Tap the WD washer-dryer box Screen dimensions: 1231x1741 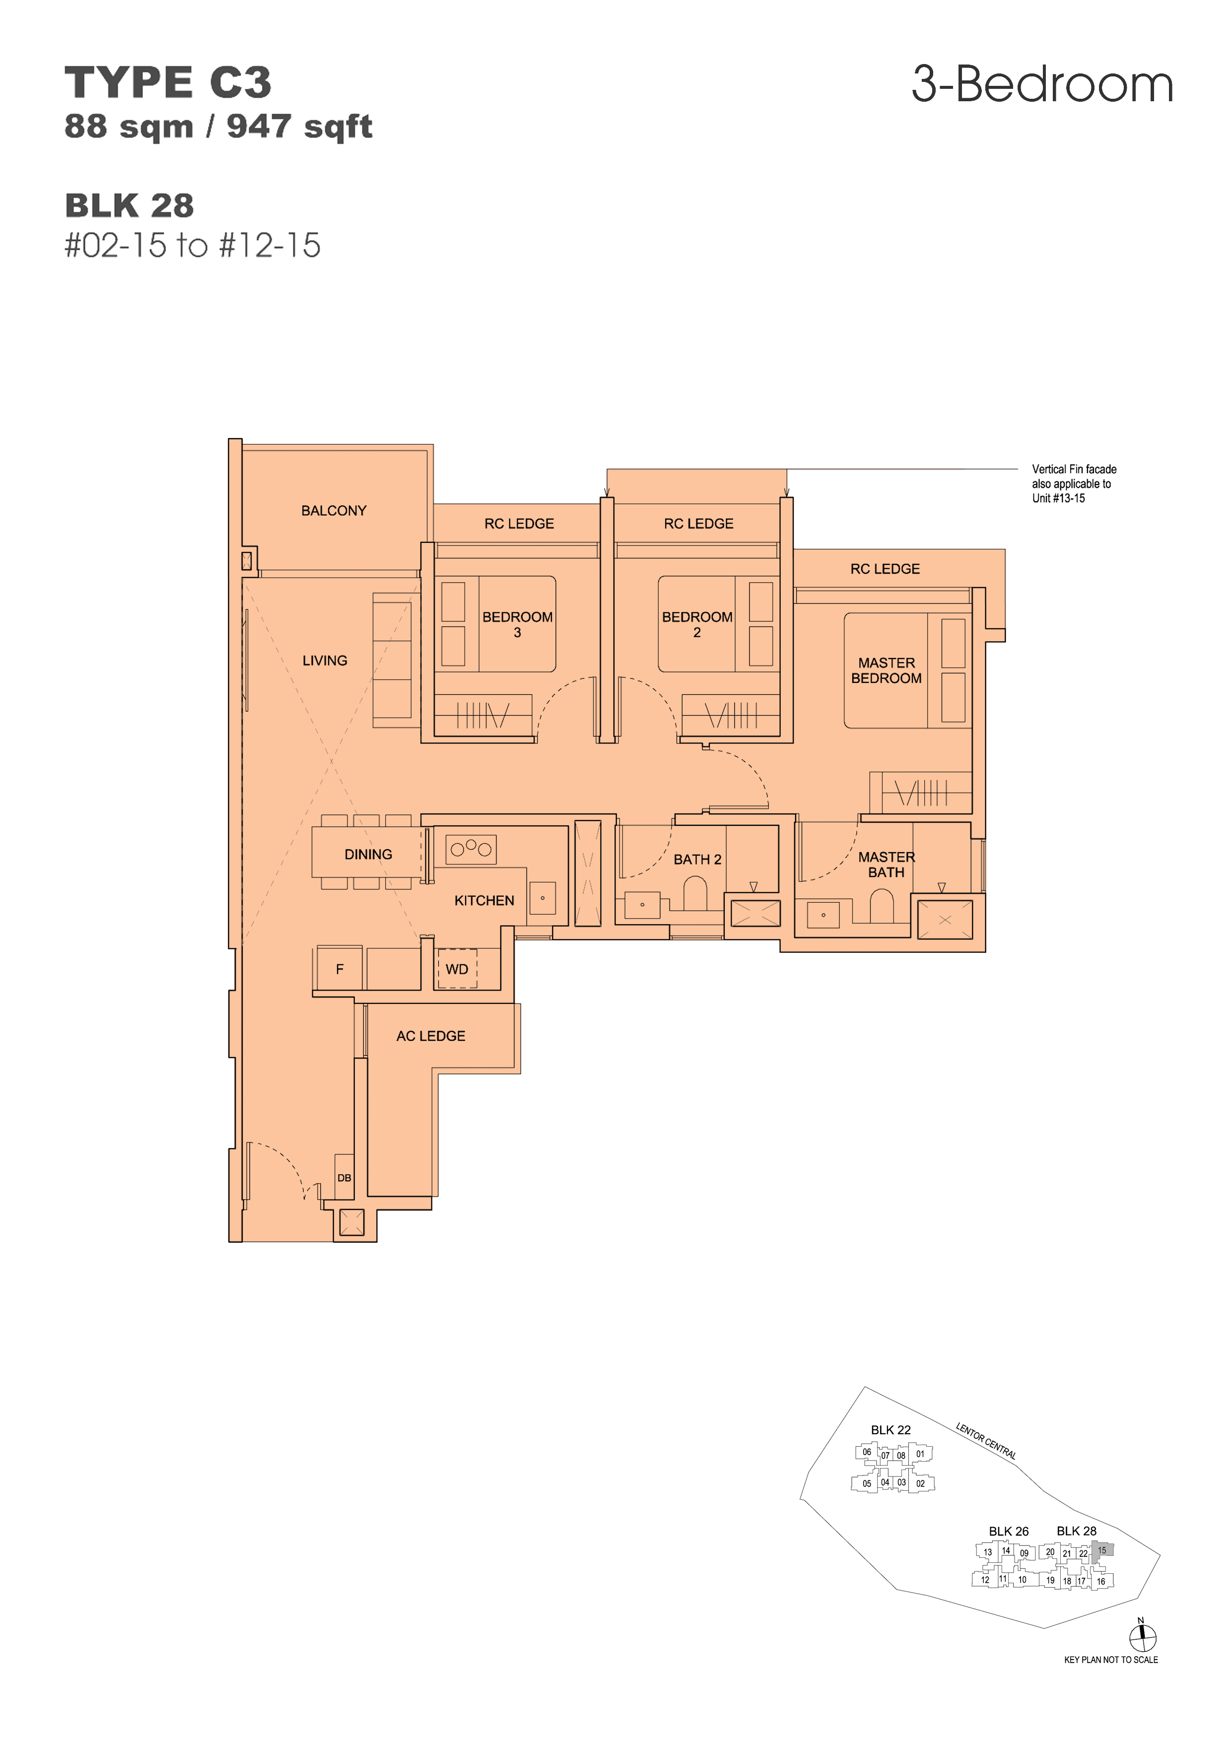(457, 968)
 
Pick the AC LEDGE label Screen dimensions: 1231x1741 (431, 1036)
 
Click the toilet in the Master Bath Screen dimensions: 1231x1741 (882, 906)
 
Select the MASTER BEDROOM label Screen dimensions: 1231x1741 (886, 670)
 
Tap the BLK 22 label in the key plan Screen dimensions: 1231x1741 (890, 1430)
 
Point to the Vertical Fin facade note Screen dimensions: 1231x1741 (1074, 484)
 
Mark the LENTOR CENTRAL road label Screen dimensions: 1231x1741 (986, 1441)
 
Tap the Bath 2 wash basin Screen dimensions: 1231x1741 (642, 905)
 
